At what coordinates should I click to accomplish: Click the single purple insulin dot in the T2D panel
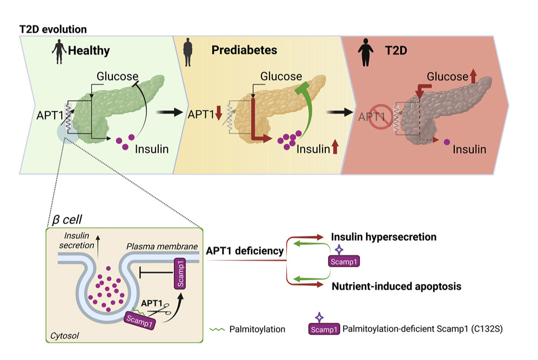(x=446, y=143)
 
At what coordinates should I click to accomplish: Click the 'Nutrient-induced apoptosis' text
(x=396, y=286)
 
